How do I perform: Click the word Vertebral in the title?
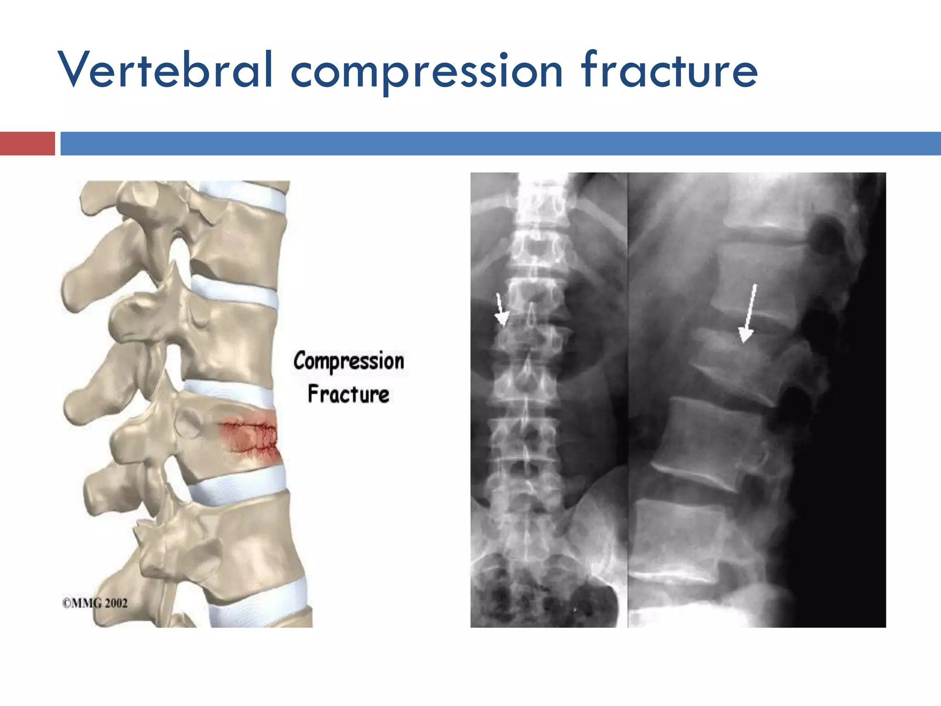(x=165, y=70)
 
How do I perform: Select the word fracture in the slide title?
(x=669, y=70)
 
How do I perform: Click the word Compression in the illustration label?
(x=349, y=361)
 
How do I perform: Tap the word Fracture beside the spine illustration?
(x=348, y=394)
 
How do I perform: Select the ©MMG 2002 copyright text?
(x=95, y=603)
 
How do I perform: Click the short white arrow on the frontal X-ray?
(x=501, y=310)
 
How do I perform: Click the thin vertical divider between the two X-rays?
(x=628, y=400)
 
